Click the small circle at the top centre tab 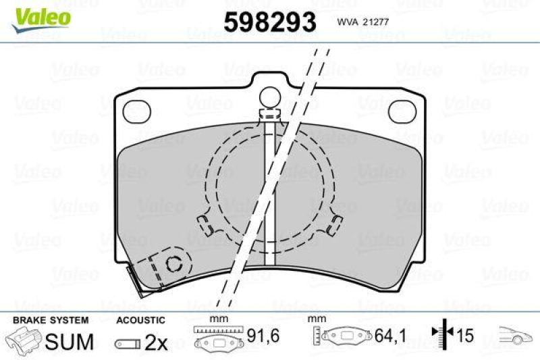pyautogui.click(x=271, y=97)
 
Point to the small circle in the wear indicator pyautogui.click(x=173, y=264)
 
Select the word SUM pyautogui.click(x=69, y=342)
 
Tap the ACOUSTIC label pyautogui.click(x=140, y=319)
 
